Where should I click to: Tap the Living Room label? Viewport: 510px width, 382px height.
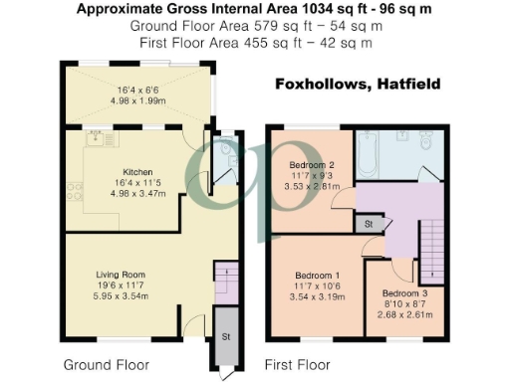(x=122, y=274)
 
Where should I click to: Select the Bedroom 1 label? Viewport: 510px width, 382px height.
(x=317, y=275)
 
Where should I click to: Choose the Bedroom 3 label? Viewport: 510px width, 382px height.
(x=405, y=293)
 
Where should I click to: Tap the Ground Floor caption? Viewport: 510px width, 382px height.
(x=106, y=364)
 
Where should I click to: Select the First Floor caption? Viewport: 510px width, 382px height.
(x=297, y=364)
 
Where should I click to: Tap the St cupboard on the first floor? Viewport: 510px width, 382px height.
(x=368, y=226)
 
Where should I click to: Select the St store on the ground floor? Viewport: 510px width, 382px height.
(x=225, y=336)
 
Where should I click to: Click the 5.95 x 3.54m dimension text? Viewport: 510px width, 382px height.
(x=122, y=296)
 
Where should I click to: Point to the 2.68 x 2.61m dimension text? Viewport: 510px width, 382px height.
(x=405, y=315)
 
